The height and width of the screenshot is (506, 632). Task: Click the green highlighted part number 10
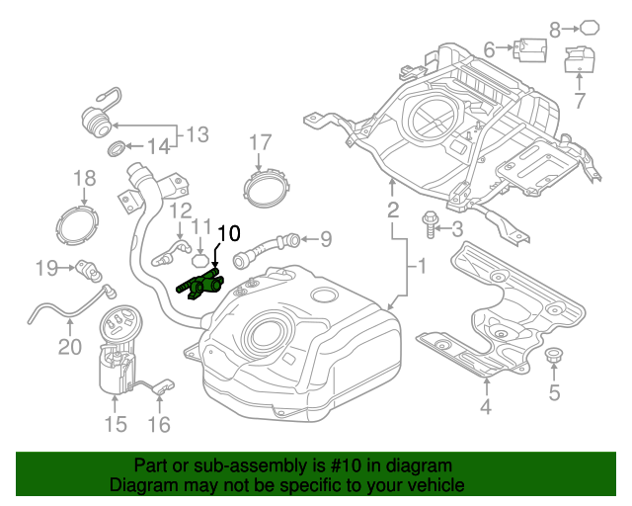tap(200, 285)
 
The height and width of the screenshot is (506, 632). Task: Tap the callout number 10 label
tap(227, 234)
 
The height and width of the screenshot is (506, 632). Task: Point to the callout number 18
tap(84, 178)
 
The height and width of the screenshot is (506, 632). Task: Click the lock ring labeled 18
tap(78, 223)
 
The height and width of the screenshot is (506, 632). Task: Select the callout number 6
tap(489, 47)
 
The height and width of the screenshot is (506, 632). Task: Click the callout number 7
tap(579, 100)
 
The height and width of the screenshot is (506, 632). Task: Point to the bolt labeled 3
tap(432, 225)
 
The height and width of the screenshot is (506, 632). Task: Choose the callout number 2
tap(392, 210)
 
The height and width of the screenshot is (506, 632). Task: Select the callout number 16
tap(159, 425)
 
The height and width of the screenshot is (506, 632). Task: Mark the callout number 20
tap(68, 346)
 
